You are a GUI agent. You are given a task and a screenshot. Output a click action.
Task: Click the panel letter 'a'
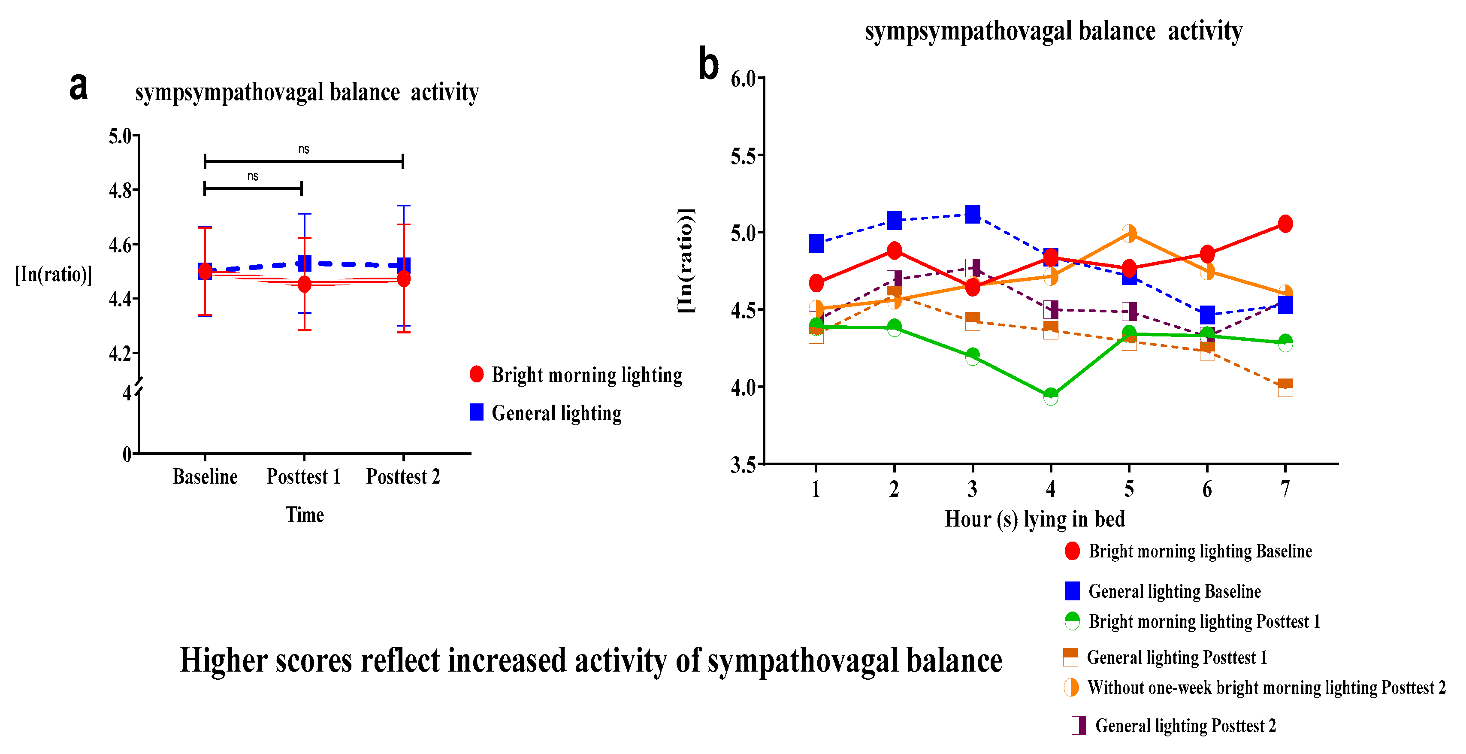[x=79, y=87]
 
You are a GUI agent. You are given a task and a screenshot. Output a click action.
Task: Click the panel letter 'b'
[x=708, y=64]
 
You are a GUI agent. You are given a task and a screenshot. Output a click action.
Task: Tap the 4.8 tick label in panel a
[x=120, y=190]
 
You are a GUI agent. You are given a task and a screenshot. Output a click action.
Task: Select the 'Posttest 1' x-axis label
[x=303, y=476]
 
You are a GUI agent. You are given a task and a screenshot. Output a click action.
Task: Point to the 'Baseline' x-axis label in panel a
[x=205, y=476]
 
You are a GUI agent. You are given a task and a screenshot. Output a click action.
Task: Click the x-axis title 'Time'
[x=305, y=515]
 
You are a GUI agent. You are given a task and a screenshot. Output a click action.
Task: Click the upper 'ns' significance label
[x=304, y=149]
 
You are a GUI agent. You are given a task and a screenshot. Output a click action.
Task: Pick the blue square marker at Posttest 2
[x=403, y=265]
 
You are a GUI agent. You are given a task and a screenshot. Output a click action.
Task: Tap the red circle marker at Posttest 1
[x=305, y=284]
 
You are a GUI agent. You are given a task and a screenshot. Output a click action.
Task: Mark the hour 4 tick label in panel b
[x=1051, y=489]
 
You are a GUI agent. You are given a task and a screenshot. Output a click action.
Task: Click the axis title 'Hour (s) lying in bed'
[x=1035, y=519]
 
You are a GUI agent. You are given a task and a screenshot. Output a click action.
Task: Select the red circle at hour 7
[x=1285, y=224]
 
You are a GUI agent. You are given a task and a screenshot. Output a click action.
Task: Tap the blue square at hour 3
[x=973, y=215]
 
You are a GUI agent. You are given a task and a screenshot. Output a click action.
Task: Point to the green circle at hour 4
[x=1051, y=396]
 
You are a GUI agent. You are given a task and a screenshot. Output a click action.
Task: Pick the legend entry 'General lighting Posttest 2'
[x=1185, y=726]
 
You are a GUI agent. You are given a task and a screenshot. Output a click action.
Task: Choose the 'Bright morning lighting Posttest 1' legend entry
[x=1203, y=621]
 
